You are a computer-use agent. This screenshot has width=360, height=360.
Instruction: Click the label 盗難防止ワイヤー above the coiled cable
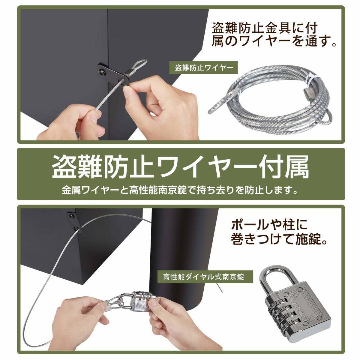point(204,68)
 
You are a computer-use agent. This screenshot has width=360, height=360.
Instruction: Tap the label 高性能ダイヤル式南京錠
point(203,277)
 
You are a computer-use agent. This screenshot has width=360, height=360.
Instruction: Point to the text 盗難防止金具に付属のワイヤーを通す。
point(273,35)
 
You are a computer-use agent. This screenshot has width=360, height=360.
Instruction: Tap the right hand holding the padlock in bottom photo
point(173,320)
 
